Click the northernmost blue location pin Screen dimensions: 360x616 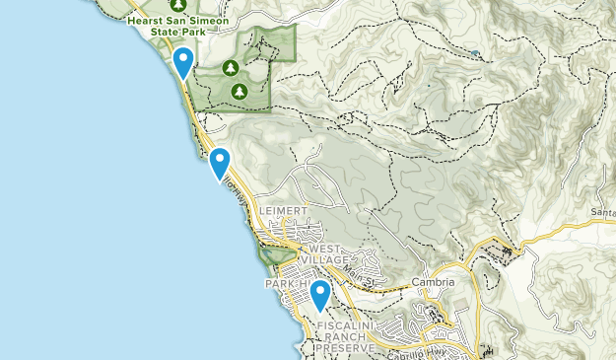pos(182,63)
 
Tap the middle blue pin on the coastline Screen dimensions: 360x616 pos(220,163)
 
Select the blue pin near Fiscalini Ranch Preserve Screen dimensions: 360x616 pos(319,295)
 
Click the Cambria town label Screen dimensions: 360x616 pos(434,282)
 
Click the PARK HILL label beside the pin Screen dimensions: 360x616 pos(286,284)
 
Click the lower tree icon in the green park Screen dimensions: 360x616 pos(239,92)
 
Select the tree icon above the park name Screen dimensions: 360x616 pos(177,4)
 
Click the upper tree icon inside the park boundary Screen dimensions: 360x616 pos(230,68)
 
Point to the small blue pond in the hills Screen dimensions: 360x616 pos(475,53)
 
